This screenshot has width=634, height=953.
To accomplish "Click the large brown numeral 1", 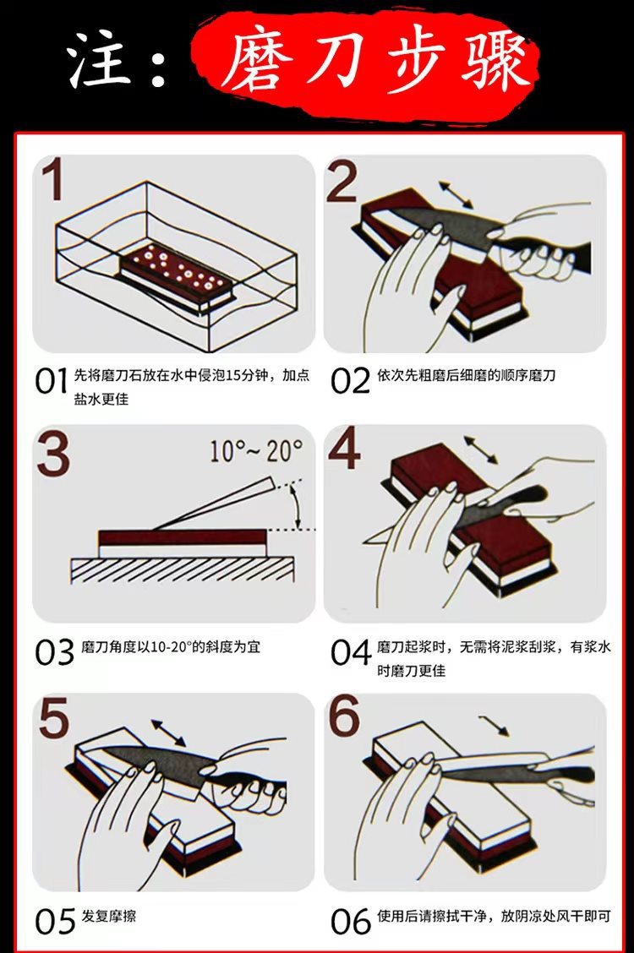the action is click(x=53, y=183).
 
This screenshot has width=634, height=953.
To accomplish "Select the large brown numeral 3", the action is click(x=53, y=455).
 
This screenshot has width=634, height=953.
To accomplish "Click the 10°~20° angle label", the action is click(x=255, y=450).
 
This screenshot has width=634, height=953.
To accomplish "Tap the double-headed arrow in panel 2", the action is click(x=456, y=194).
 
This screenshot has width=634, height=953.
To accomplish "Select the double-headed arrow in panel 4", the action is click(x=480, y=449).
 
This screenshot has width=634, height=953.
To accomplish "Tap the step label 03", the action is click(x=54, y=652).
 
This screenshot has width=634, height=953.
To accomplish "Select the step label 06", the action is click(x=350, y=922).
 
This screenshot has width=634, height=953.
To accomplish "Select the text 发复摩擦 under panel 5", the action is click(x=109, y=917).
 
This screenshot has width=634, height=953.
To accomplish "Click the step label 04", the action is click(x=350, y=652).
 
